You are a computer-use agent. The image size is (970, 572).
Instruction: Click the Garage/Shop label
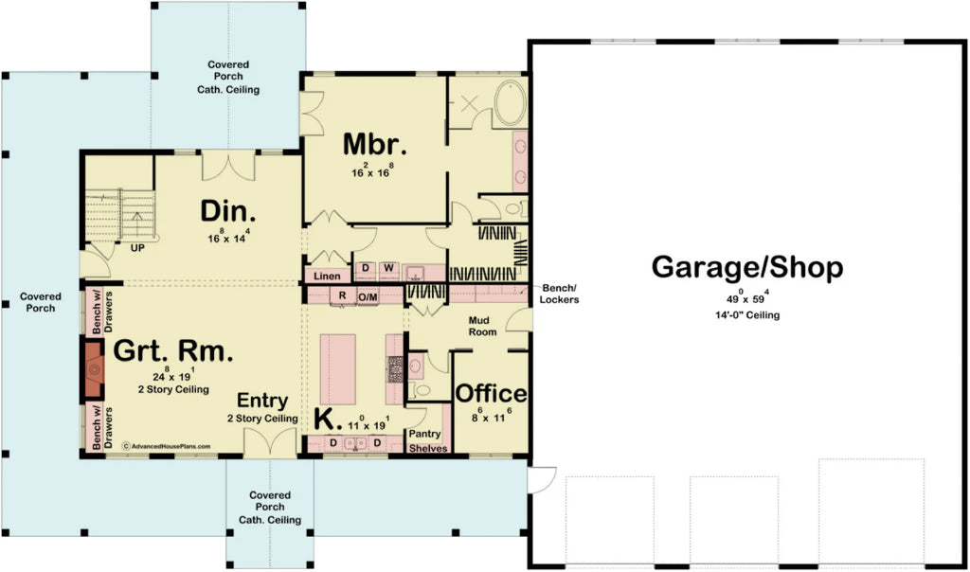tap(746, 268)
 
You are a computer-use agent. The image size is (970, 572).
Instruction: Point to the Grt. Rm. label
tap(173, 352)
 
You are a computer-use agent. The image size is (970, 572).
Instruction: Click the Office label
tap(491, 393)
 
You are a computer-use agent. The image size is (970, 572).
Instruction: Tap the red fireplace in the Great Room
tap(92, 370)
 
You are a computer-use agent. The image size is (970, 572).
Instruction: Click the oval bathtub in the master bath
tap(510, 104)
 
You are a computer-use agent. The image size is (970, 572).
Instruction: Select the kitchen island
tap(337, 368)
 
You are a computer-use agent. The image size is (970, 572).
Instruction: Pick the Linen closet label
tap(320, 276)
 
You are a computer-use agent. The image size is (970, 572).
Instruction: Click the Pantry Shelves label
tap(427, 441)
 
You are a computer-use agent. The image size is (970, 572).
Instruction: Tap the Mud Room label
tap(484, 326)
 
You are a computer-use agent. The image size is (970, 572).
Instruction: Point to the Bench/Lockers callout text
tap(560, 294)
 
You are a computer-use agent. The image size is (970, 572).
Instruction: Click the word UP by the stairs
tap(136, 250)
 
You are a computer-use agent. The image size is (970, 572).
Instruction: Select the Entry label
tap(262, 401)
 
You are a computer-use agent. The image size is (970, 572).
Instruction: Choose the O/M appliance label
tap(368, 296)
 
